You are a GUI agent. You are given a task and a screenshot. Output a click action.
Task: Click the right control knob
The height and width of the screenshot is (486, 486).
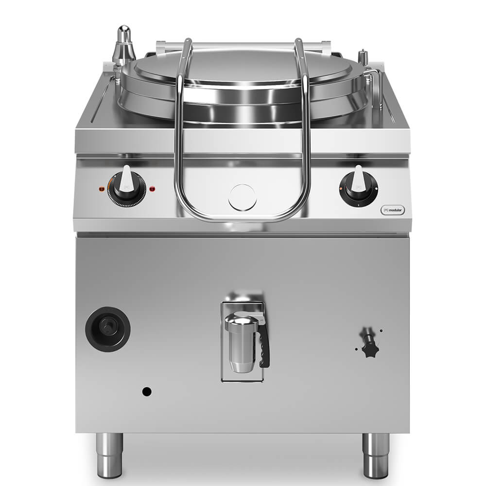(x=359, y=188)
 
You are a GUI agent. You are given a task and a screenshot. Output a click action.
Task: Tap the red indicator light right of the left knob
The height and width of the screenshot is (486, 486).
(x=153, y=188)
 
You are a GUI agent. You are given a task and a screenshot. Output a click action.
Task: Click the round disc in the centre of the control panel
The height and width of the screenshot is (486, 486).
(x=242, y=197)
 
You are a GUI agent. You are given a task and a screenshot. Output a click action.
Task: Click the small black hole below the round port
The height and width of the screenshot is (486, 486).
(x=146, y=391)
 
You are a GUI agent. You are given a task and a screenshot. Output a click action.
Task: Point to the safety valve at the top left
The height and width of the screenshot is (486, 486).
(x=124, y=47)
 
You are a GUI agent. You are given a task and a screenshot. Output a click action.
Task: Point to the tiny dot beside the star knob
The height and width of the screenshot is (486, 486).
(x=381, y=331)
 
